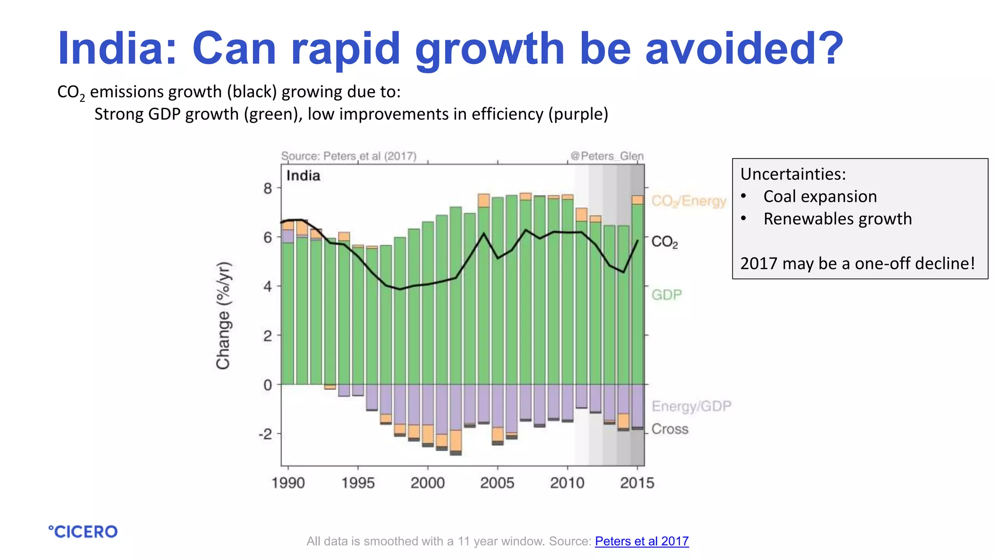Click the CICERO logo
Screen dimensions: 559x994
[83, 532]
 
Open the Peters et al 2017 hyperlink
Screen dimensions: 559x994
[641, 541]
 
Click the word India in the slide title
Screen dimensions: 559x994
[117, 49]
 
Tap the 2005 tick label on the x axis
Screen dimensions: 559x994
[497, 483]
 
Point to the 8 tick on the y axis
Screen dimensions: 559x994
[268, 188]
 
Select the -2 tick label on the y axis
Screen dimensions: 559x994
[265, 434]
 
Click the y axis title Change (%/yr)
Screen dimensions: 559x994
[223, 315]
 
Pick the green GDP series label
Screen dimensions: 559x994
[666, 295]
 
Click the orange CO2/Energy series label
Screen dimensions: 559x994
[688, 201]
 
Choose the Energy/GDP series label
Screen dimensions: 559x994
[691, 406]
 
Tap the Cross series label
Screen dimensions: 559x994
[669, 429]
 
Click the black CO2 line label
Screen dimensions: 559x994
[664, 242]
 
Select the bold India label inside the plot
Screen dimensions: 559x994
[303, 176]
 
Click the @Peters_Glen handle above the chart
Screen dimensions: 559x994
[607, 156]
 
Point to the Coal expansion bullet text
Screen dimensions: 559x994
[820, 197]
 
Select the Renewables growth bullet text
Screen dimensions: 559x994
[837, 219]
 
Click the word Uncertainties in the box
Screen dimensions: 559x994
[792, 174]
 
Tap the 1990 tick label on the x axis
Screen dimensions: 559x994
[288, 483]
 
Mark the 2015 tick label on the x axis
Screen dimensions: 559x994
[637, 483]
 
